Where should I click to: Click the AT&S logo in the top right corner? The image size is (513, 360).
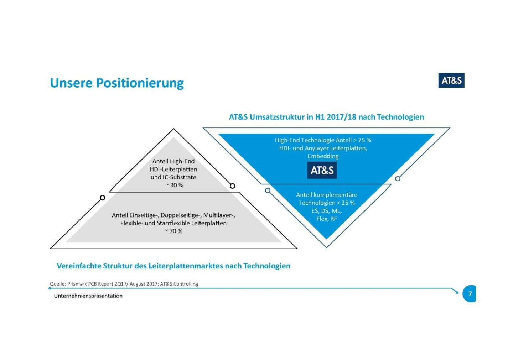[x=451, y=80]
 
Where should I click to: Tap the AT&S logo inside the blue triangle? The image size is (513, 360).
[x=322, y=170]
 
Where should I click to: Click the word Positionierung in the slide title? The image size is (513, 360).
[x=140, y=83]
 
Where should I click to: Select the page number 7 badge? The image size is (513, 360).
[x=470, y=294]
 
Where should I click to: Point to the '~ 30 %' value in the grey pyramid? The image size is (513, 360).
[x=174, y=185]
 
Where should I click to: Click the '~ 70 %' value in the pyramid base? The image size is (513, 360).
[x=173, y=231]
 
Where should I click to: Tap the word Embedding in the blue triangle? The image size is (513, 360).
[x=323, y=156]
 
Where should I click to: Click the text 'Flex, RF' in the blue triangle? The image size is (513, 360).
[x=326, y=219]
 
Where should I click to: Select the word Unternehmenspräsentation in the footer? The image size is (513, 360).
[x=88, y=296]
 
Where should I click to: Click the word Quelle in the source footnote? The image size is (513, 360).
[x=57, y=284]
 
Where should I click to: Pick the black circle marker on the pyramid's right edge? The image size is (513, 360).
[x=232, y=186]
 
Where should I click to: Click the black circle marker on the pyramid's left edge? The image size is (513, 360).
[x=103, y=198]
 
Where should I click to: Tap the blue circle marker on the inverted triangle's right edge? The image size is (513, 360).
[x=398, y=178]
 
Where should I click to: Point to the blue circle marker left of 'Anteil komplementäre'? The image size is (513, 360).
[x=268, y=191]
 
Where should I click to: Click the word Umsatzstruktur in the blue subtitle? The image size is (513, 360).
[x=277, y=117]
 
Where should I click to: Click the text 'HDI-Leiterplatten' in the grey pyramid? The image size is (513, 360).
[x=173, y=169]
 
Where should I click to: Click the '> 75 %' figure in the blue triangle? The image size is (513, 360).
[x=362, y=140]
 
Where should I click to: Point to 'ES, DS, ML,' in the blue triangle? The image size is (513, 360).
[x=326, y=211]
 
